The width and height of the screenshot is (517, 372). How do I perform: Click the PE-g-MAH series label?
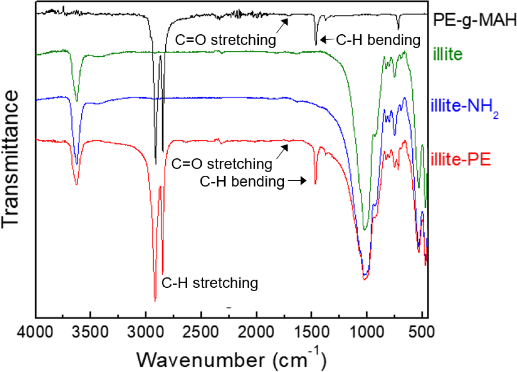(474, 20)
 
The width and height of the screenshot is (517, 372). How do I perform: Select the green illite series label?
(447, 54)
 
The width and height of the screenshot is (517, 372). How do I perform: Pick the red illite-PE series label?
(460, 159)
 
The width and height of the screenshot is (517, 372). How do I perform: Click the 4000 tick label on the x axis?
(36, 332)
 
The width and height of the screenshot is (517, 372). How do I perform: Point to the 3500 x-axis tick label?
(90, 332)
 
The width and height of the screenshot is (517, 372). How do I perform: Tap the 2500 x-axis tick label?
(201, 332)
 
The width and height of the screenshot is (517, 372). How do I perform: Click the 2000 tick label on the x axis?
(257, 332)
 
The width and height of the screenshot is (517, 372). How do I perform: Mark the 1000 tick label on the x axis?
(367, 332)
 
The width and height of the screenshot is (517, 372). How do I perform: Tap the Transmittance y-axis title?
(11, 158)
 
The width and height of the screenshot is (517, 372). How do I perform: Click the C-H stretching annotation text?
(210, 283)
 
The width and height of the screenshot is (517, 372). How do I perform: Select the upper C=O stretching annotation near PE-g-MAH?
(225, 40)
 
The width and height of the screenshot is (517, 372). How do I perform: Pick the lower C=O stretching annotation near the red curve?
(222, 164)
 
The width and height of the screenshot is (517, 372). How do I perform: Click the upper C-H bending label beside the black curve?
(378, 40)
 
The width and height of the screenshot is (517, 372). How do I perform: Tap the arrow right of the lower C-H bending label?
(297, 181)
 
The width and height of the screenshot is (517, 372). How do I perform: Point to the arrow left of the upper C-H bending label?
(326, 39)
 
